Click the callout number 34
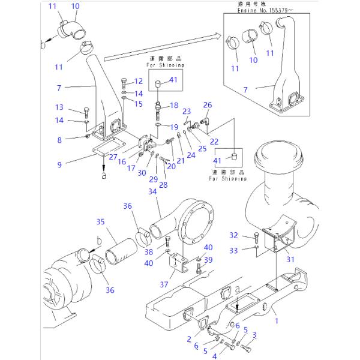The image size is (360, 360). [x=152, y=192]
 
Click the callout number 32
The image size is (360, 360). [x=233, y=235]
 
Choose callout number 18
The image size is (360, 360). [x=174, y=105]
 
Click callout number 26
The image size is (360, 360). [x=208, y=105]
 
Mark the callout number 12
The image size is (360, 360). [x=138, y=80]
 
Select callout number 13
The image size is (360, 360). [x=59, y=107]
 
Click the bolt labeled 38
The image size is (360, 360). [x=169, y=242]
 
